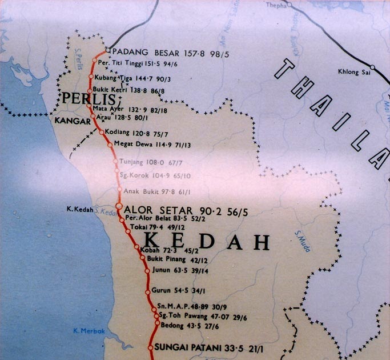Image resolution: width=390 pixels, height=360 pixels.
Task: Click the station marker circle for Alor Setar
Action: [119, 206]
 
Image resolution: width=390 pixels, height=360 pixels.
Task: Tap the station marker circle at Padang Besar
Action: [107, 50]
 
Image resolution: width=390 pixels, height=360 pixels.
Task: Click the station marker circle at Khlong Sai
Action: [372, 67]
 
